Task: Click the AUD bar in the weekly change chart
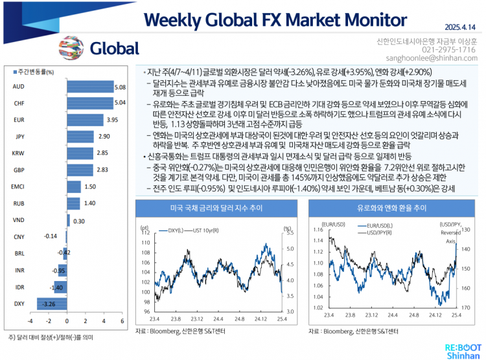tap(89, 86)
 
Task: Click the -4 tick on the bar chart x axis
tap(30, 321)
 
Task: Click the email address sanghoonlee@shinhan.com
tap(441, 58)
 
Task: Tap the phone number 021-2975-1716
tap(448, 49)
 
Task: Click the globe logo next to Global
tap(71, 47)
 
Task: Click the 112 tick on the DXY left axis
tap(146, 232)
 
